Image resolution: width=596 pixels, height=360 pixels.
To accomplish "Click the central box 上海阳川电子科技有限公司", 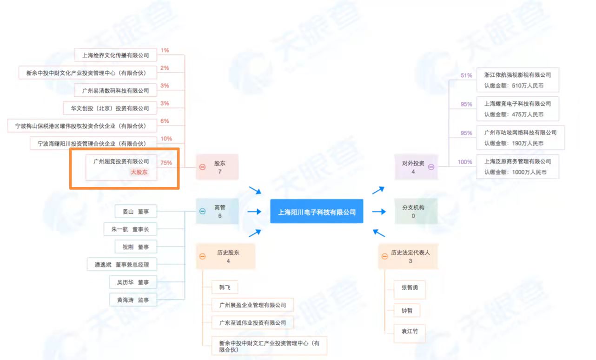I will click(317, 212).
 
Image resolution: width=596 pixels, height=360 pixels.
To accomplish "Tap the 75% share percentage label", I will click(166, 163).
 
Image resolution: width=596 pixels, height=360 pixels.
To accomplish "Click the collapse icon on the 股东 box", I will click(202, 167).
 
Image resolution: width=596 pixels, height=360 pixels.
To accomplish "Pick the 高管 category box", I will click(217, 212).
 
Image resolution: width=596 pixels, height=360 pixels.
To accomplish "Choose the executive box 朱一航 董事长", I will click(130, 229).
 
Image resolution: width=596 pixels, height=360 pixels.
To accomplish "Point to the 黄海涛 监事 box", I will click(133, 300).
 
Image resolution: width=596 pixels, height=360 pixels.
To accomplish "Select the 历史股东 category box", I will click(225, 256).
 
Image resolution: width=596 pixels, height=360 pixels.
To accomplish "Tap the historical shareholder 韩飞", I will click(225, 287).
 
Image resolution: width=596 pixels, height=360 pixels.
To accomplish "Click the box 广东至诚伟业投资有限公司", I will click(252, 322).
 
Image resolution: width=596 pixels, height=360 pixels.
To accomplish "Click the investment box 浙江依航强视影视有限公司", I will click(517, 80).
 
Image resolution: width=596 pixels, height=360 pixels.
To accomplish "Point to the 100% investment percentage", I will click(465, 162).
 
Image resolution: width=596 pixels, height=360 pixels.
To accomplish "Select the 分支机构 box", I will click(413, 212).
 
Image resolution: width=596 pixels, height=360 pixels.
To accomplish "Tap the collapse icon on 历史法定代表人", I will click(384, 256).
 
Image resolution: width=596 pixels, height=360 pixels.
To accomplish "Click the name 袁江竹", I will click(404, 332).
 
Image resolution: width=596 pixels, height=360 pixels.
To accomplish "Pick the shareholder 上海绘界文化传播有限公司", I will click(115, 55).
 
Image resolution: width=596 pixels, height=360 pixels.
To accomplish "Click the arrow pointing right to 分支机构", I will click(379, 212).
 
